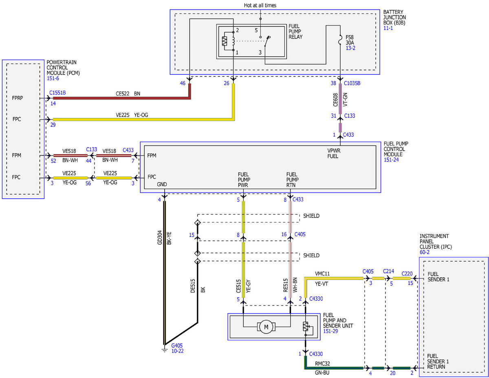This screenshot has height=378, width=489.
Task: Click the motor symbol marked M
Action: (x=266, y=327)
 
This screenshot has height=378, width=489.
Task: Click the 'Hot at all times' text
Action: (x=260, y=5)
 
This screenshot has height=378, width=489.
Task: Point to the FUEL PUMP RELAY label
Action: (x=295, y=31)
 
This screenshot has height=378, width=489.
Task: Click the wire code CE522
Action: (x=122, y=93)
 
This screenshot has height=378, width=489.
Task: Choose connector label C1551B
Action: (x=57, y=93)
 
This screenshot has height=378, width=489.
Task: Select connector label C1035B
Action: (x=352, y=83)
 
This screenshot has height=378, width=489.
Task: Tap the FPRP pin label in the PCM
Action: (x=18, y=98)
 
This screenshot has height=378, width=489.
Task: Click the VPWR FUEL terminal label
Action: (x=334, y=153)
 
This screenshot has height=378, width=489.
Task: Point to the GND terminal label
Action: (x=162, y=184)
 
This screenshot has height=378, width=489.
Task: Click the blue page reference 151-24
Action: (x=391, y=159)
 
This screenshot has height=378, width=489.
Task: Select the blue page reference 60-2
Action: (x=425, y=252)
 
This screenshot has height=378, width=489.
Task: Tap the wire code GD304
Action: (x=160, y=237)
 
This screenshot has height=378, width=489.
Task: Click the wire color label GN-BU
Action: (x=322, y=373)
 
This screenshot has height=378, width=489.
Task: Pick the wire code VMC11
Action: (x=322, y=274)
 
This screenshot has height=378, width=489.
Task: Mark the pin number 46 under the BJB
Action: (x=183, y=83)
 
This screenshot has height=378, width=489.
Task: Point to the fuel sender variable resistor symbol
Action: (x=305, y=326)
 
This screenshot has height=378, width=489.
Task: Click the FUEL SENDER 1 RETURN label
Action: (x=438, y=361)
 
